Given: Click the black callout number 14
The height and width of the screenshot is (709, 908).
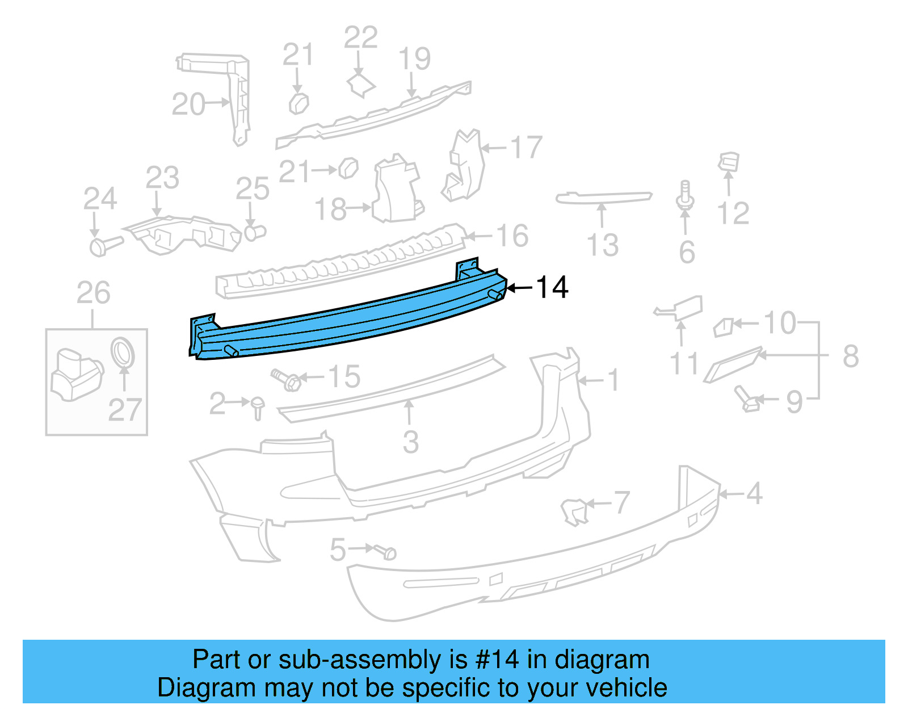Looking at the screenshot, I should (552, 288).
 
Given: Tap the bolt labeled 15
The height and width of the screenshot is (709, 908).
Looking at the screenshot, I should (286, 380).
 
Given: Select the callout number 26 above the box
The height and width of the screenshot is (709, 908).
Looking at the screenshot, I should (93, 293).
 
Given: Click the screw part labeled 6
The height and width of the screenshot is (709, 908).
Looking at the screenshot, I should (685, 196).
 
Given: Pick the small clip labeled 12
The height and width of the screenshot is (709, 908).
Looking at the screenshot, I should (729, 161).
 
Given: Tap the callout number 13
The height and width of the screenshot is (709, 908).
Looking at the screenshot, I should (603, 245).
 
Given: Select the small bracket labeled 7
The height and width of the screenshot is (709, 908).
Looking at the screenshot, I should (574, 510).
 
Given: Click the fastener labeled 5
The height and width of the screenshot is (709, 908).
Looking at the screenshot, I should (385, 551).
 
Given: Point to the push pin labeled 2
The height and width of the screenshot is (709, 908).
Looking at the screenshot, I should (258, 407).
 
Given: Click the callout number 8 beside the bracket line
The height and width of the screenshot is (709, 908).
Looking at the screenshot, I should (850, 356).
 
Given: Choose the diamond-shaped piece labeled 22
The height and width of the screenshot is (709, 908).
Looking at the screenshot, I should (361, 85).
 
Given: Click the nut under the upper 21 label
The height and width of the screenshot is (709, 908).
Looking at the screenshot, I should (299, 104).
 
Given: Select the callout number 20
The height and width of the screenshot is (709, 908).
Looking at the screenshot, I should (188, 104).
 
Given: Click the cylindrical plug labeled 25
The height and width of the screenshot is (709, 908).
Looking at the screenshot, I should (255, 232).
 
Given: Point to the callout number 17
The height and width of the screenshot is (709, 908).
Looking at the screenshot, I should (527, 148).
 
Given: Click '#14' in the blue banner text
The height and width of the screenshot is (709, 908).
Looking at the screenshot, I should (497, 660).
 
